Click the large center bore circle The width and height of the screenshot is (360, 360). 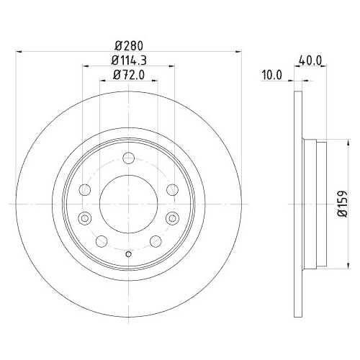pos(127,204)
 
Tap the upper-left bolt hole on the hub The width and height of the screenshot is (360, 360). pos(84,190)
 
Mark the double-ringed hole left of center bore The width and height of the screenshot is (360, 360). pos(84,219)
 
